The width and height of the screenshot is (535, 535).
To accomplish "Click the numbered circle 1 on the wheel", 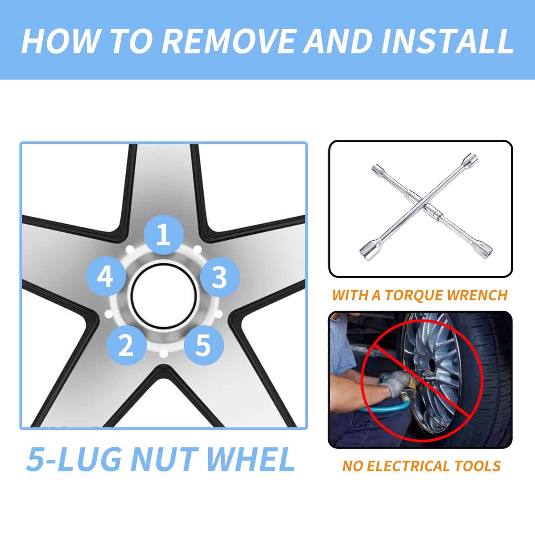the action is click(164, 234).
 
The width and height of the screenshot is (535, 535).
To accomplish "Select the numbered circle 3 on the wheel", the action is click(220, 277).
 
